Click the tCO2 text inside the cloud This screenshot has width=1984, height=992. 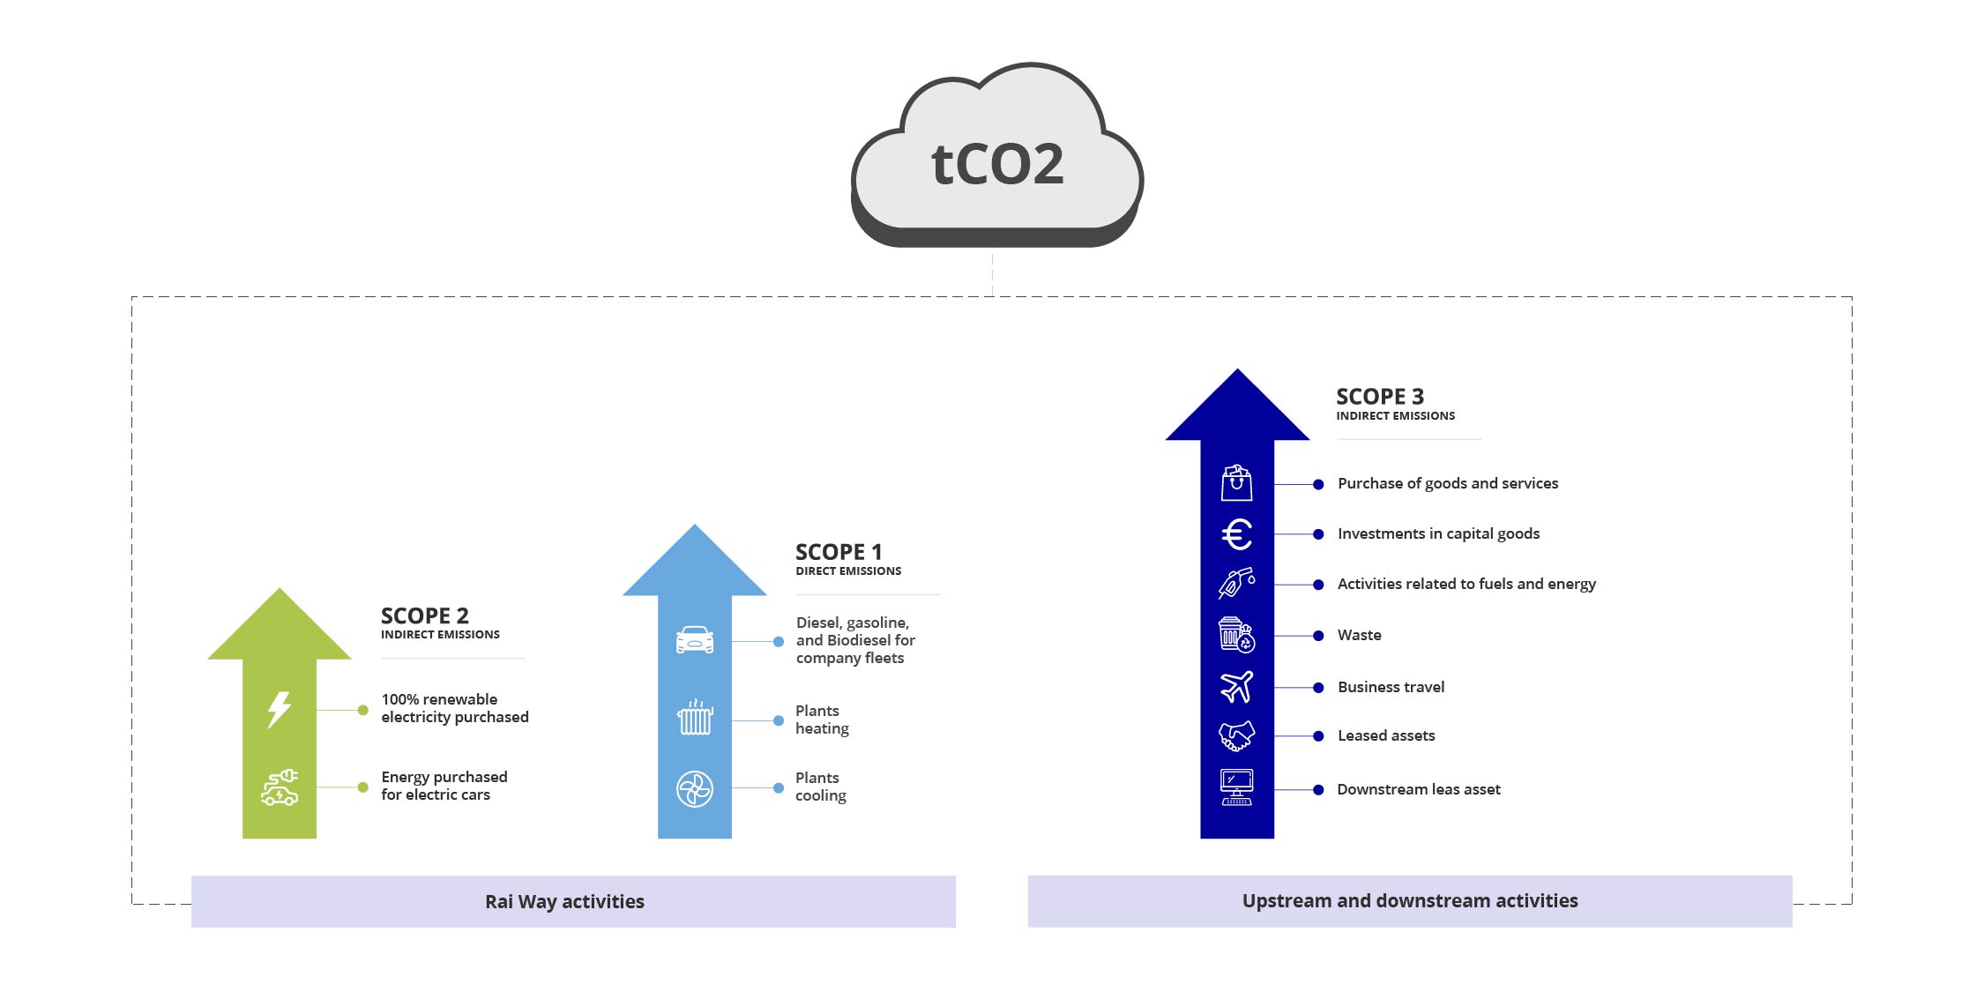click(997, 164)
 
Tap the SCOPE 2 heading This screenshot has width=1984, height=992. click(424, 615)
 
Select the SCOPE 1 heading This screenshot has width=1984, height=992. click(838, 552)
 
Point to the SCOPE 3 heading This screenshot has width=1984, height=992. click(1379, 397)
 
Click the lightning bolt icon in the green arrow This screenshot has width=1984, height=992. click(279, 709)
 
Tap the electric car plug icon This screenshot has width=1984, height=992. click(280, 787)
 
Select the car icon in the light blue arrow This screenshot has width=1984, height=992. click(695, 639)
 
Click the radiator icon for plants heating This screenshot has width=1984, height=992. click(695, 718)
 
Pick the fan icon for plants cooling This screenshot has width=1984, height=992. click(695, 789)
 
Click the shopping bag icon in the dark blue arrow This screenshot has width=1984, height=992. click(1236, 483)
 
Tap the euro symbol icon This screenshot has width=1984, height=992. click(1236, 534)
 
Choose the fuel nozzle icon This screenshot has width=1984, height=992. click(1236, 584)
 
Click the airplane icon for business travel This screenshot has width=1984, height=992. click(1236, 686)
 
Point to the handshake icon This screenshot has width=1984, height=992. click(1236, 735)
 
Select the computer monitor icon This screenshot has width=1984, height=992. click(1236, 787)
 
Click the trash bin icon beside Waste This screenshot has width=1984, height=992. click(1236, 635)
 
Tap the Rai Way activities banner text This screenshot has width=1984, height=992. click(564, 901)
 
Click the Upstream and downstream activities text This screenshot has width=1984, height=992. click(1409, 900)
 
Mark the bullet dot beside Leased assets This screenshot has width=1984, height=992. click(1318, 736)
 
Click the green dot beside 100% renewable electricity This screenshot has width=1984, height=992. click(363, 710)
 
